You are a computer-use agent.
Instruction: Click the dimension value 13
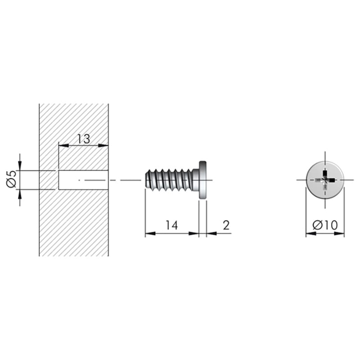(x=83, y=139)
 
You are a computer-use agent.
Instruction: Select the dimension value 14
(x=172, y=225)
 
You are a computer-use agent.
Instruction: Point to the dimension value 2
(x=226, y=225)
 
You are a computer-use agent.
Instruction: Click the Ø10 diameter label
(x=325, y=225)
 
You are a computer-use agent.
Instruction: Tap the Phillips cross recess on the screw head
(x=325, y=180)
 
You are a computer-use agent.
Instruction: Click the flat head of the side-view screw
(x=202, y=180)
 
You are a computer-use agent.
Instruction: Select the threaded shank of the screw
(x=169, y=180)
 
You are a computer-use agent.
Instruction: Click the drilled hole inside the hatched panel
(x=83, y=180)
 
